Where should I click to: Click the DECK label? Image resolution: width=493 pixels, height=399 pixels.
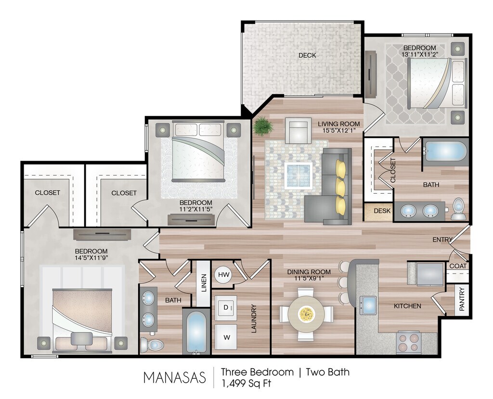[x=307, y=56]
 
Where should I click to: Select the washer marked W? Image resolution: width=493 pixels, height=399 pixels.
[x=226, y=337]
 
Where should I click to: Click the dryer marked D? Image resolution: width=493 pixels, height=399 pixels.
[x=226, y=307]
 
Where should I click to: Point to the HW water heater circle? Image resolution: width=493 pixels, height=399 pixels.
[x=224, y=274]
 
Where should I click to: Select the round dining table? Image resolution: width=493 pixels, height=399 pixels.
[x=306, y=313]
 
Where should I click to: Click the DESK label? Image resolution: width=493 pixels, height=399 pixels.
[x=382, y=211]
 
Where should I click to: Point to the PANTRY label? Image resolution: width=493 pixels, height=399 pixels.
[x=462, y=299]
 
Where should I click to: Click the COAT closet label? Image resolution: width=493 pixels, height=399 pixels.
[x=458, y=266]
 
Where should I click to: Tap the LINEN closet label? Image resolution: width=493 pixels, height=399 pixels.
[x=204, y=283]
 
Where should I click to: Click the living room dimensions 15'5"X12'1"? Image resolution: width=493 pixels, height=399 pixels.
[x=338, y=130]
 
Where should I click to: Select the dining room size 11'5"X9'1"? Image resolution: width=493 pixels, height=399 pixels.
[x=309, y=278]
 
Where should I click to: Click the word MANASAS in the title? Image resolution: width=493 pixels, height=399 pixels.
[x=174, y=377]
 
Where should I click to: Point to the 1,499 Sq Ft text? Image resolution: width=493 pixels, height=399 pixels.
[x=246, y=383]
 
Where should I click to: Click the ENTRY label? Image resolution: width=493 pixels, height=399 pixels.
[x=442, y=239]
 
